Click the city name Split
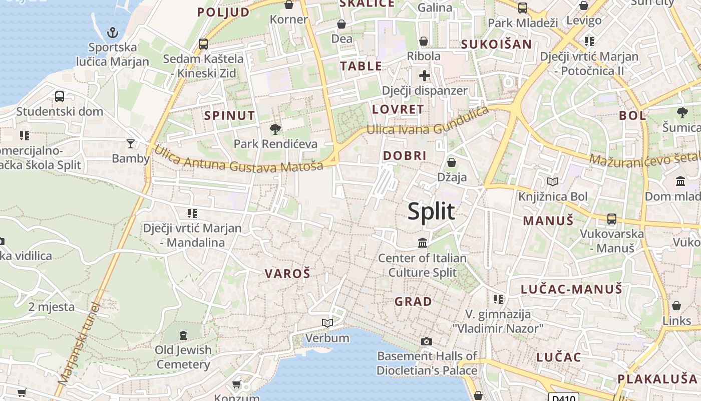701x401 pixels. (x=431, y=211)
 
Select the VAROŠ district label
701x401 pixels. (x=287, y=273)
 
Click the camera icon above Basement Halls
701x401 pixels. (x=427, y=341)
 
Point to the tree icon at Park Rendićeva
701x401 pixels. (x=275, y=130)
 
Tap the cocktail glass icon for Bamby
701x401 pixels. (x=131, y=144)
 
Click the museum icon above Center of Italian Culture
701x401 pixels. (x=423, y=243)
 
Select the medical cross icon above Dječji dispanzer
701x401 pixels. (x=425, y=76)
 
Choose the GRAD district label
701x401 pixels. (x=413, y=301)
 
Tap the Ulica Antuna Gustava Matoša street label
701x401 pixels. (x=238, y=159)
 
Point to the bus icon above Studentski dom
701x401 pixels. (x=60, y=97)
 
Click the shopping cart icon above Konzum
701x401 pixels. (x=236, y=384)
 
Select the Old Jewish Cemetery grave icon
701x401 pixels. (x=183, y=334)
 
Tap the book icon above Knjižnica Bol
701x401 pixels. (x=553, y=182)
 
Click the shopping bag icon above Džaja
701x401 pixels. (x=452, y=162)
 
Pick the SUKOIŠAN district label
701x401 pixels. (x=496, y=44)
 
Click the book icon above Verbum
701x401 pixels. (x=327, y=323)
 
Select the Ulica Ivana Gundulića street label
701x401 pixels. (x=427, y=123)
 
